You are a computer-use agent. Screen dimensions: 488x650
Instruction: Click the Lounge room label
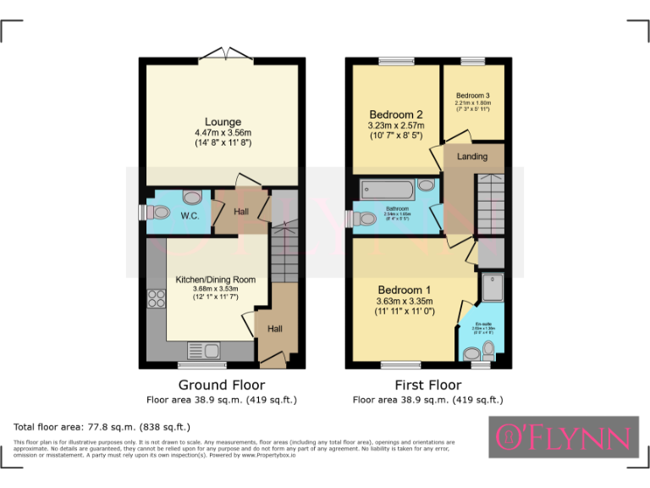[x=223, y=122]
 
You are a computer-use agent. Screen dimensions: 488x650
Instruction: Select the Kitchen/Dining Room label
[x=215, y=280]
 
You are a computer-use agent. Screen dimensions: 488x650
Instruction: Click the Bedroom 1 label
[x=405, y=290]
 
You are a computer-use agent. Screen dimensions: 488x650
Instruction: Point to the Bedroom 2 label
[x=395, y=114]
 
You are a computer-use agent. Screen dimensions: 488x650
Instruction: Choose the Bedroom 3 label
[x=472, y=96]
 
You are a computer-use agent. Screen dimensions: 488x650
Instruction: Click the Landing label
[x=471, y=157]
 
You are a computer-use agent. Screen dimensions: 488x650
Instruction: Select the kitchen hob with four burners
[x=157, y=298]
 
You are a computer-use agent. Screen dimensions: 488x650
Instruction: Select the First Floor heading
[x=427, y=385]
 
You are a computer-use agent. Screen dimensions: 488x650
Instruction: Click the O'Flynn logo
[x=563, y=437]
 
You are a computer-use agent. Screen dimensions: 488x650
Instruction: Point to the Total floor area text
[x=102, y=426]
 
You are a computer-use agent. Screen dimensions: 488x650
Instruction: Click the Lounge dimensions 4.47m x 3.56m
[x=223, y=133]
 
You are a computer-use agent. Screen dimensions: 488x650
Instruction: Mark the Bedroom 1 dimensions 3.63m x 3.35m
[x=405, y=301]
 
